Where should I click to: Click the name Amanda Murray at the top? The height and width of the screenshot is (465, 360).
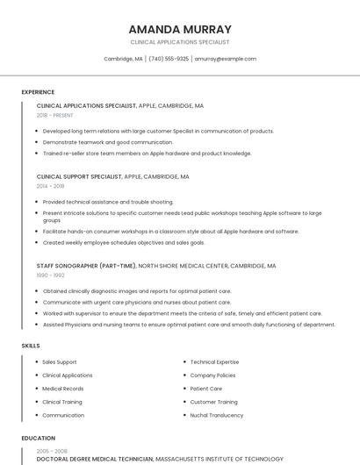coord(180,29)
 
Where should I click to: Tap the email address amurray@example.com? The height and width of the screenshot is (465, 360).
coord(226,59)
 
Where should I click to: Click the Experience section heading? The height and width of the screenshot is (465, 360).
coord(38,92)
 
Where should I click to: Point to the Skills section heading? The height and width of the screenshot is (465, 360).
coord(31,346)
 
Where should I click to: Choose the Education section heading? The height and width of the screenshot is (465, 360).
coord(39,438)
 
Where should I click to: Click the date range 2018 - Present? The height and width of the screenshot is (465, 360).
coord(54,115)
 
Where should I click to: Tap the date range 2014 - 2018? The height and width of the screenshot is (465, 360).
coord(50,186)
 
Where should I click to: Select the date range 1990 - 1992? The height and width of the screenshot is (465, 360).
coord(50,275)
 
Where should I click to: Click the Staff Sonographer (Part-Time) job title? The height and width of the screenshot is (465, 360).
coord(86,265)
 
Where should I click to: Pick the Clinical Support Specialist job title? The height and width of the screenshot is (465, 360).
coord(79,176)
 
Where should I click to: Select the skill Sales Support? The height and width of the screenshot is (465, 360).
coord(60,361)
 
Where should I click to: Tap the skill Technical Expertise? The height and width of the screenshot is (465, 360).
coord(214,361)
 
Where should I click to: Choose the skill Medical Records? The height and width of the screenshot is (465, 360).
coord(63,389)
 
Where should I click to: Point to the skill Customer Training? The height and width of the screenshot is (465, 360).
coord(214,402)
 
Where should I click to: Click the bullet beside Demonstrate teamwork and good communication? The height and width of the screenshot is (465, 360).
coord(37,142)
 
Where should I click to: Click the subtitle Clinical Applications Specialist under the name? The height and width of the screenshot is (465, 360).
coord(180,42)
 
